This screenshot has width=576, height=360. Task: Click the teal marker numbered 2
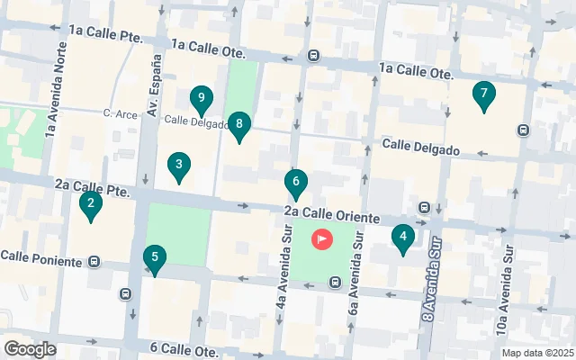coord(89,206)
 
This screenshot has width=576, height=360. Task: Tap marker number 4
coord(403,238)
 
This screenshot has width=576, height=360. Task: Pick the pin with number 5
coord(155,260)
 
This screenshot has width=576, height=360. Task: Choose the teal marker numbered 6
coord(295,183)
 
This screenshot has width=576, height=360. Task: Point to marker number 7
coord(484,94)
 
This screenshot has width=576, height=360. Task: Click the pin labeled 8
coord(238,126)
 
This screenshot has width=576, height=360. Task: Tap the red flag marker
coord(321,239)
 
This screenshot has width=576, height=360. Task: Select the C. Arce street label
coord(119,113)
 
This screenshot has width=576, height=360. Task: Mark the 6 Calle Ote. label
coord(184,347)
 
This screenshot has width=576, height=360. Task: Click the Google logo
coord(30,349)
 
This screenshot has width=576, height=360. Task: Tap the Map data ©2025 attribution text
coord(536,353)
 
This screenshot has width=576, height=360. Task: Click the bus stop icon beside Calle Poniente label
coord(94,263)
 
